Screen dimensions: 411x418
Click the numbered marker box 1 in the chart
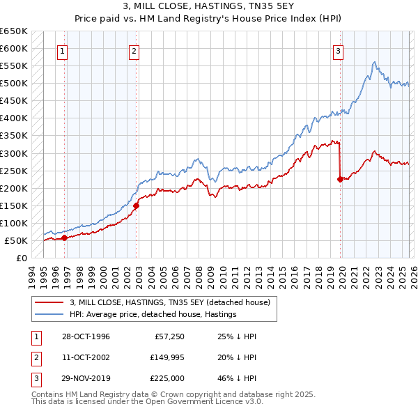63,50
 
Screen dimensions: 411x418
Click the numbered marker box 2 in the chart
133,50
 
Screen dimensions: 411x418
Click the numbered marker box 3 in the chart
338,50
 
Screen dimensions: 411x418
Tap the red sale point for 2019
341,179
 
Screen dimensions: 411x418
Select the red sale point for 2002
137,205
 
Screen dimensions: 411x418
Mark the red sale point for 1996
65,238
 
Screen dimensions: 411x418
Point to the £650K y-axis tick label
13,31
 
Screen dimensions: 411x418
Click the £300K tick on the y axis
13,153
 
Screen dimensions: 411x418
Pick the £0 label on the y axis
21,258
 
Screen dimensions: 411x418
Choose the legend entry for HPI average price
153,314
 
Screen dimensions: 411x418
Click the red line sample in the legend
49,302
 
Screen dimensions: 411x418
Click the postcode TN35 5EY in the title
270,8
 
